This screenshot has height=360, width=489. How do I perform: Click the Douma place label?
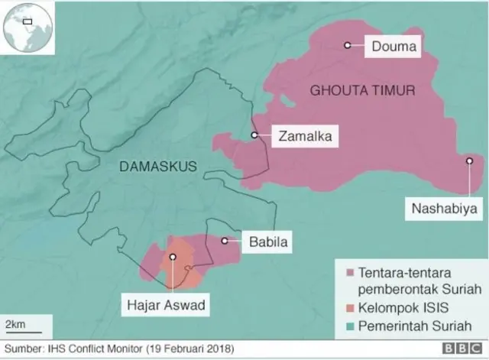393,47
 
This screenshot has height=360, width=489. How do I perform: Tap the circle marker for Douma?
348,46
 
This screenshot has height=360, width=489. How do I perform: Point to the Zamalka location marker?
254,135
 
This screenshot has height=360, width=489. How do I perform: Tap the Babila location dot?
225,241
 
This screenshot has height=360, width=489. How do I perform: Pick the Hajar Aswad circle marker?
173,258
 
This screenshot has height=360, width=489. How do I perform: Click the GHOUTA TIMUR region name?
362,90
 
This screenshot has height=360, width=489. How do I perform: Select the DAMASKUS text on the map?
158,166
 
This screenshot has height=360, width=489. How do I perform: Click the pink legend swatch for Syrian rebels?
350,274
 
